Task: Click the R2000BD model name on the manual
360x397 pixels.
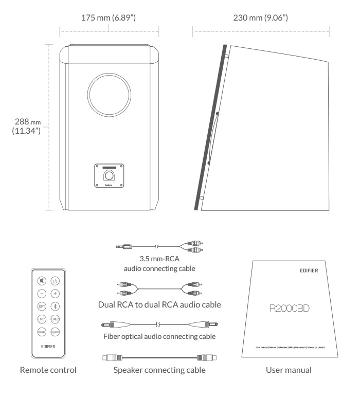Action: tap(293, 311)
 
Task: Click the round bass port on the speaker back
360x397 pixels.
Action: tap(109, 96)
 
